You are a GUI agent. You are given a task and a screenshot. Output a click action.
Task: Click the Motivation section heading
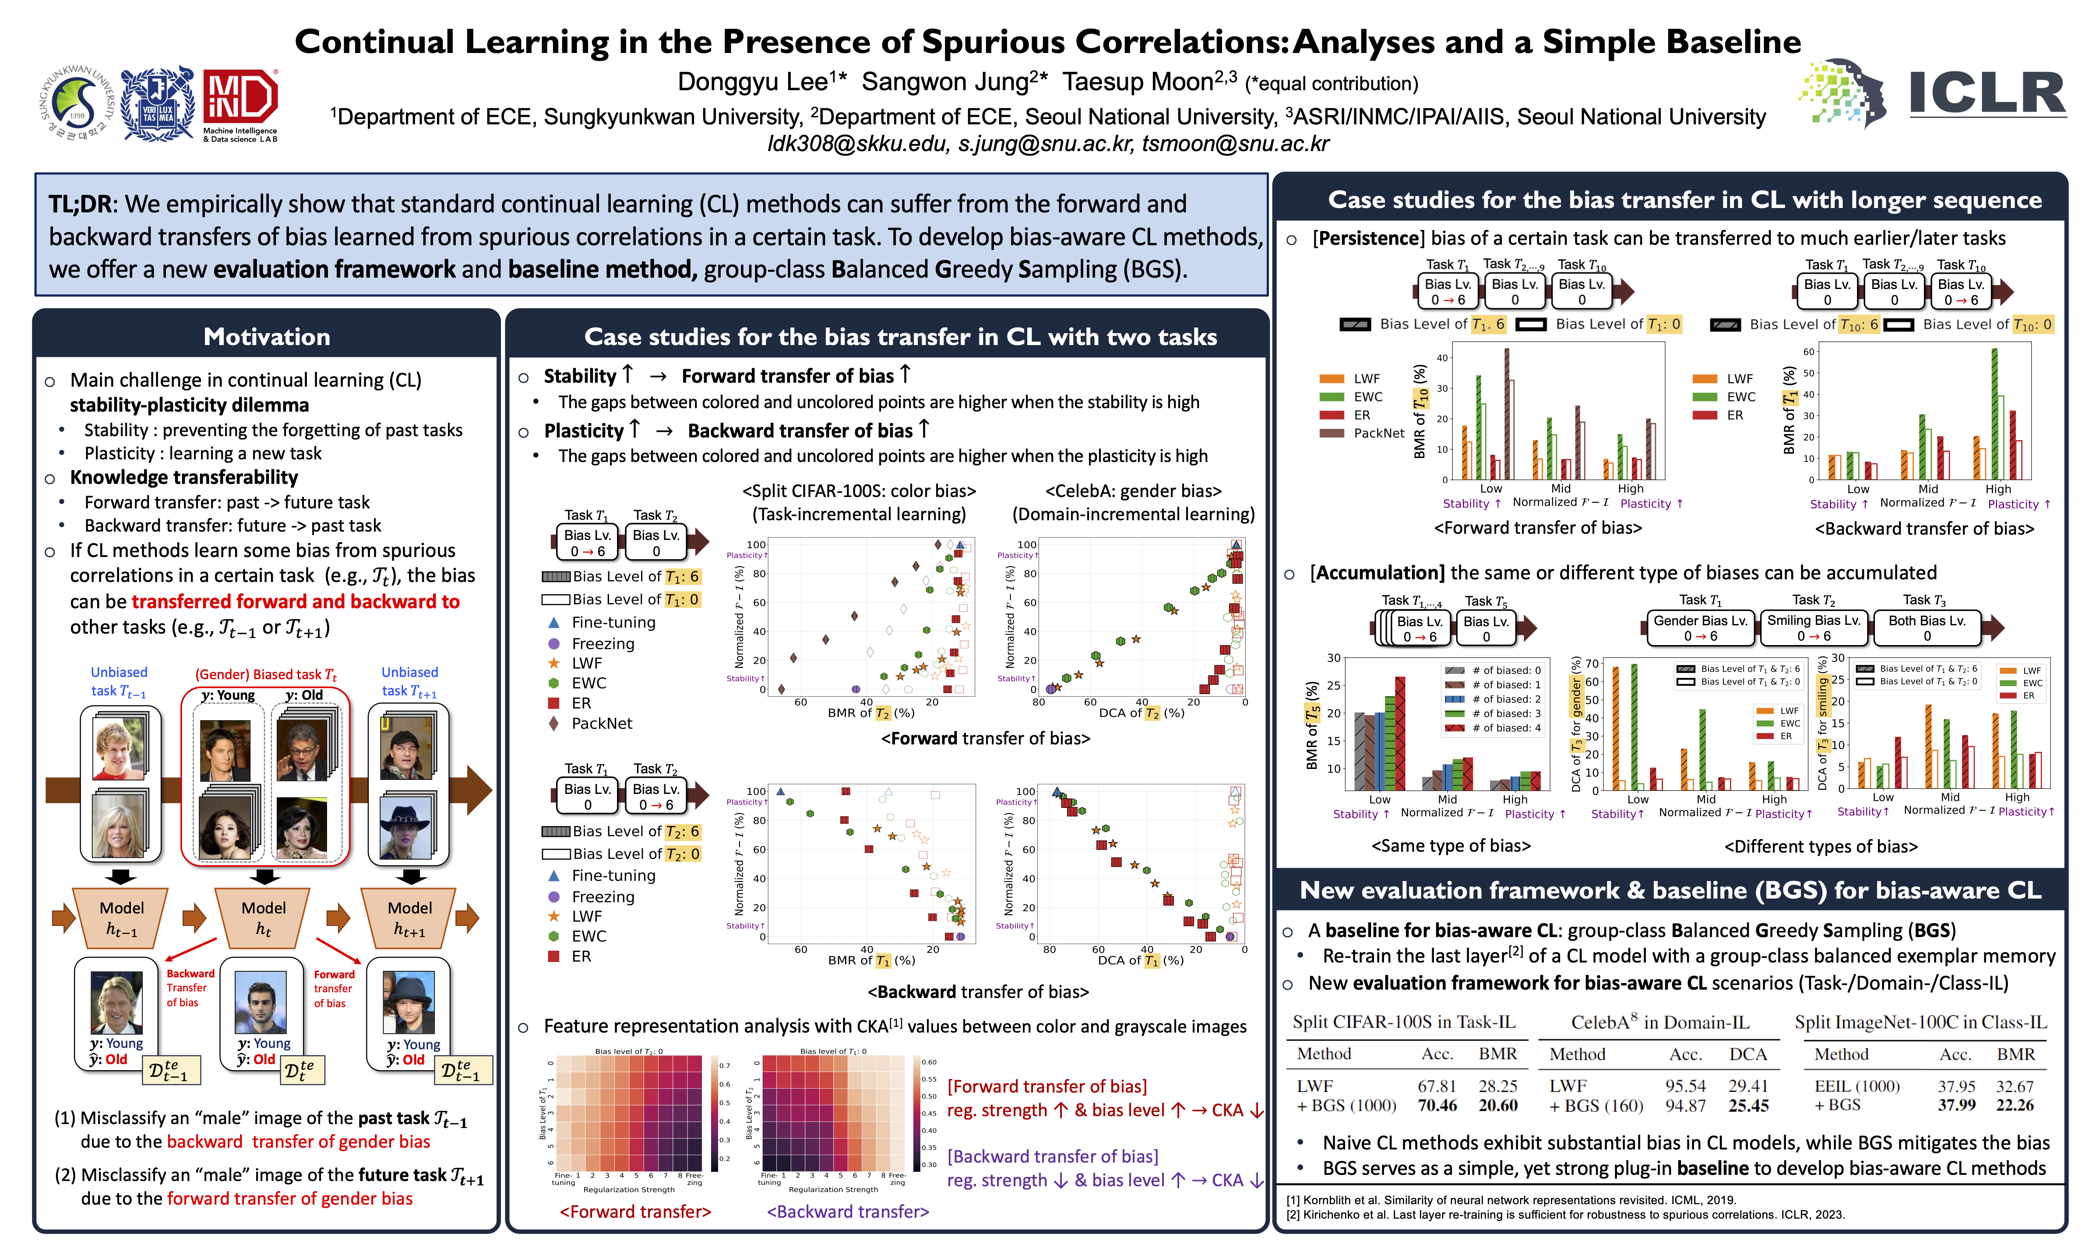coord(266,337)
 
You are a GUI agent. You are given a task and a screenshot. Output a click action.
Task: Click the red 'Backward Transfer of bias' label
coord(190,988)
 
